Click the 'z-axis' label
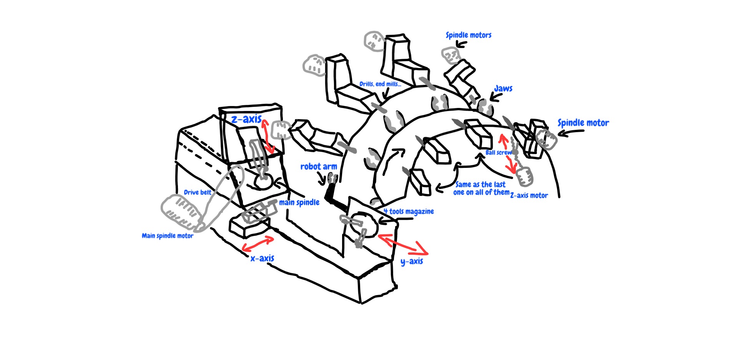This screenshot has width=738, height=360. point(246,119)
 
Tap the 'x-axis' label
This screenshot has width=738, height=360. point(262,258)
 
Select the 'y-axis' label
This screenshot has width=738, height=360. point(412,262)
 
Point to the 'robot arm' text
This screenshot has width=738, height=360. point(318,167)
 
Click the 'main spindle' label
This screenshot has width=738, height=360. point(299,202)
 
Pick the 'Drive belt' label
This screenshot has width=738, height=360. point(197,192)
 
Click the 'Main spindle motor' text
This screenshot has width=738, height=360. point(167,236)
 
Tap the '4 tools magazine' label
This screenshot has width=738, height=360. point(409,212)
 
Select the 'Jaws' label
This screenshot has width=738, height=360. point(503,89)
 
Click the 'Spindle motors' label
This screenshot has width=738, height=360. point(468,35)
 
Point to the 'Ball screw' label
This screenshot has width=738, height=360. point(498,153)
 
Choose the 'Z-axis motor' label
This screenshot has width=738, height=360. point(529,196)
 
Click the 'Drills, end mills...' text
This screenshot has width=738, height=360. point(380,84)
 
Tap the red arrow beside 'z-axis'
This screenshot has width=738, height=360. point(268,136)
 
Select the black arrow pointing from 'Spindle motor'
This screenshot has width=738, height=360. point(570,133)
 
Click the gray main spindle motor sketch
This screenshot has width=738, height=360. point(181,212)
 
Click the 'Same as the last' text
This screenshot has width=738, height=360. point(480,185)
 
